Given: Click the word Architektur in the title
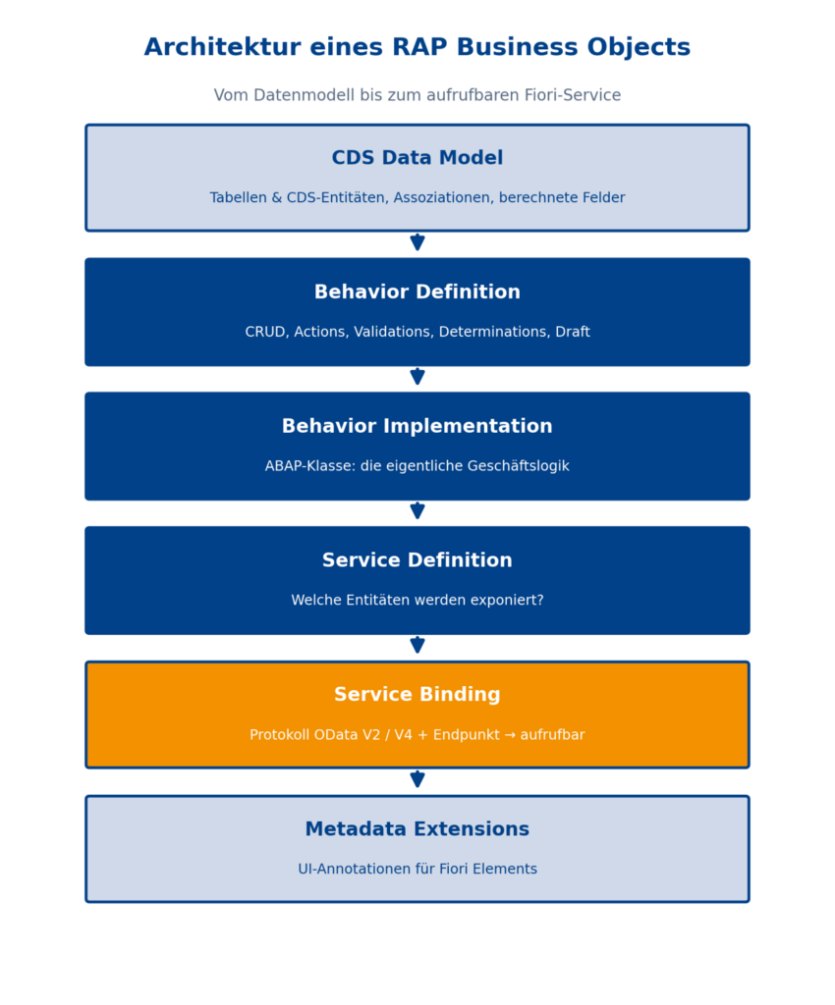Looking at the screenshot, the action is click(x=223, y=47).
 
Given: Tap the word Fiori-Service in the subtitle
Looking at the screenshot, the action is click(x=572, y=95).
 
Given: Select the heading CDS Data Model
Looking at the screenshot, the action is click(x=417, y=158).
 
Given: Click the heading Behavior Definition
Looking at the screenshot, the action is click(x=417, y=292).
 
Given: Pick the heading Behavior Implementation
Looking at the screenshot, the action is click(x=417, y=426).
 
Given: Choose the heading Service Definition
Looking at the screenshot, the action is click(x=417, y=560).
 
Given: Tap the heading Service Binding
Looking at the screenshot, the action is click(x=417, y=694).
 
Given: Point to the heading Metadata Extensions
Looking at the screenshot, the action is click(x=417, y=828).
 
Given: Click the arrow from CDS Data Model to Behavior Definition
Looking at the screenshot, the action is click(x=417, y=241).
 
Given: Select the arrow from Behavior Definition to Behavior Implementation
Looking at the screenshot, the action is click(x=417, y=376).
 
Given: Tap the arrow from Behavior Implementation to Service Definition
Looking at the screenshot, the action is click(x=417, y=510).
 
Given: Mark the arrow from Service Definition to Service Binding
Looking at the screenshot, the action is click(x=417, y=644).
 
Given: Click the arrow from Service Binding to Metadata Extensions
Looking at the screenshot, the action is click(x=417, y=778).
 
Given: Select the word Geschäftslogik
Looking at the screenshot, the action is click(x=518, y=466).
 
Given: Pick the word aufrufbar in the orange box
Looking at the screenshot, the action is click(x=552, y=734).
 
